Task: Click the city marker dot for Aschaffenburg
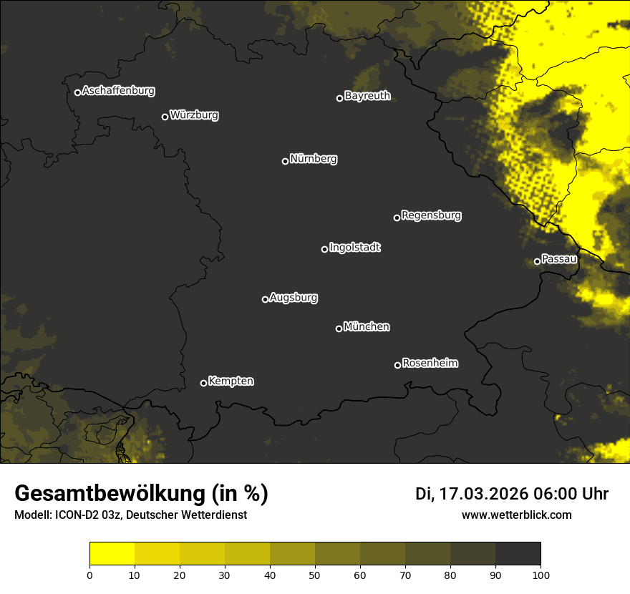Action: (77, 92)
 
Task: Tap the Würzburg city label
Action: (194, 115)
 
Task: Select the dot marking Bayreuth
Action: (340, 98)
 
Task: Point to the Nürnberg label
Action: (314, 159)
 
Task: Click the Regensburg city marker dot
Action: (397, 218)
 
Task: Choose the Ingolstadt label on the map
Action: (355, 248)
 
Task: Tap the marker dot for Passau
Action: (537, 261)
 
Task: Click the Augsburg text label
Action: (294, 298)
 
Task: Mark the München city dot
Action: (339, 328)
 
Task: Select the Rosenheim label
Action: (430, 364)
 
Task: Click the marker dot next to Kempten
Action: (203, 383)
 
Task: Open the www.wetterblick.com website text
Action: (517, 515)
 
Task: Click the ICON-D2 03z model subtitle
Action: (130, 515)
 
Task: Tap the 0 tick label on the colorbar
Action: (89, 575)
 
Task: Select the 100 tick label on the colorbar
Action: (541, 575)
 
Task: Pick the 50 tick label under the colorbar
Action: (315, 575)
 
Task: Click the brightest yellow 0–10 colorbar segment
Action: (112, 554)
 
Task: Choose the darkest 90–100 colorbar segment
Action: (518, 554)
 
